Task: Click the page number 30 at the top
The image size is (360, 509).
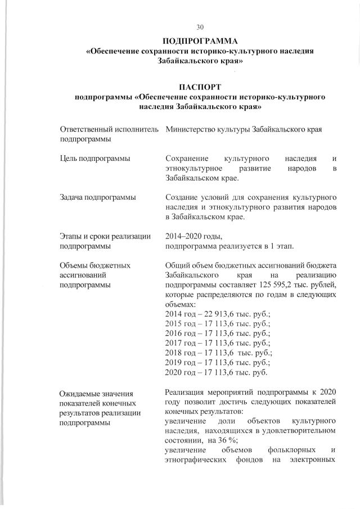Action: tap(200, 27)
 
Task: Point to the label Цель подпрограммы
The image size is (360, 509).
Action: tap(96, 159)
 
